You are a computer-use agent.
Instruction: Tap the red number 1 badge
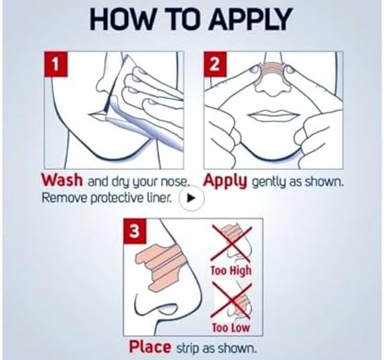[x=56, y=64]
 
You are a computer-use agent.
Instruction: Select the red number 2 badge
[x=215, y=64]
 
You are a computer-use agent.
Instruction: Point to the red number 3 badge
[x=135, y=231]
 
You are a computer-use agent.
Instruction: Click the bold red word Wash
[x=62, y=180]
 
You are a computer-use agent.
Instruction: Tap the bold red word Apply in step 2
[x=225, y=182]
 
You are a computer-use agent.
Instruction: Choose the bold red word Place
[x=150, y=347]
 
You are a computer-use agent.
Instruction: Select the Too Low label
[x=231, y=327]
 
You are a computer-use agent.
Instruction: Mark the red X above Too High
[x=231, y=243]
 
